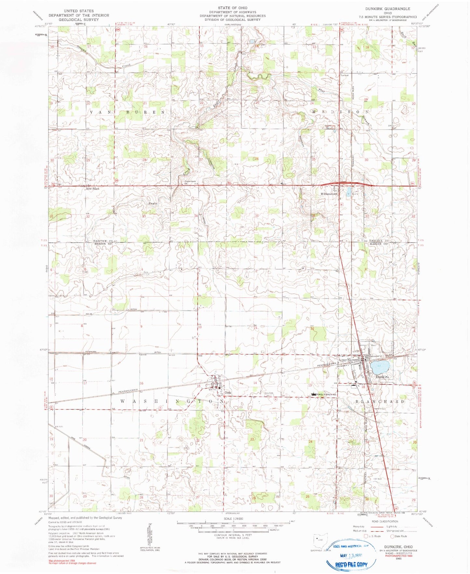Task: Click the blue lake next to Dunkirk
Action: click(x=380, y=367)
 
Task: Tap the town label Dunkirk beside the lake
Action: click(x=382, y=377)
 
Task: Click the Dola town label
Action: click(x=228, y=393)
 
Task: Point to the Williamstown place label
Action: click(x=329, y=194)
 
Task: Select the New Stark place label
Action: click(x=92, y=189)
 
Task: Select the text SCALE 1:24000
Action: click(x=230, y=518)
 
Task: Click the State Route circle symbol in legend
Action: click(x=392, y=536)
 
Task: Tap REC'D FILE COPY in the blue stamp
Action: click(x=351, y=565)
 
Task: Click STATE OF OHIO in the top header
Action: click(x=233, y=8)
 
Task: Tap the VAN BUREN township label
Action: click(x=127, y=112)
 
